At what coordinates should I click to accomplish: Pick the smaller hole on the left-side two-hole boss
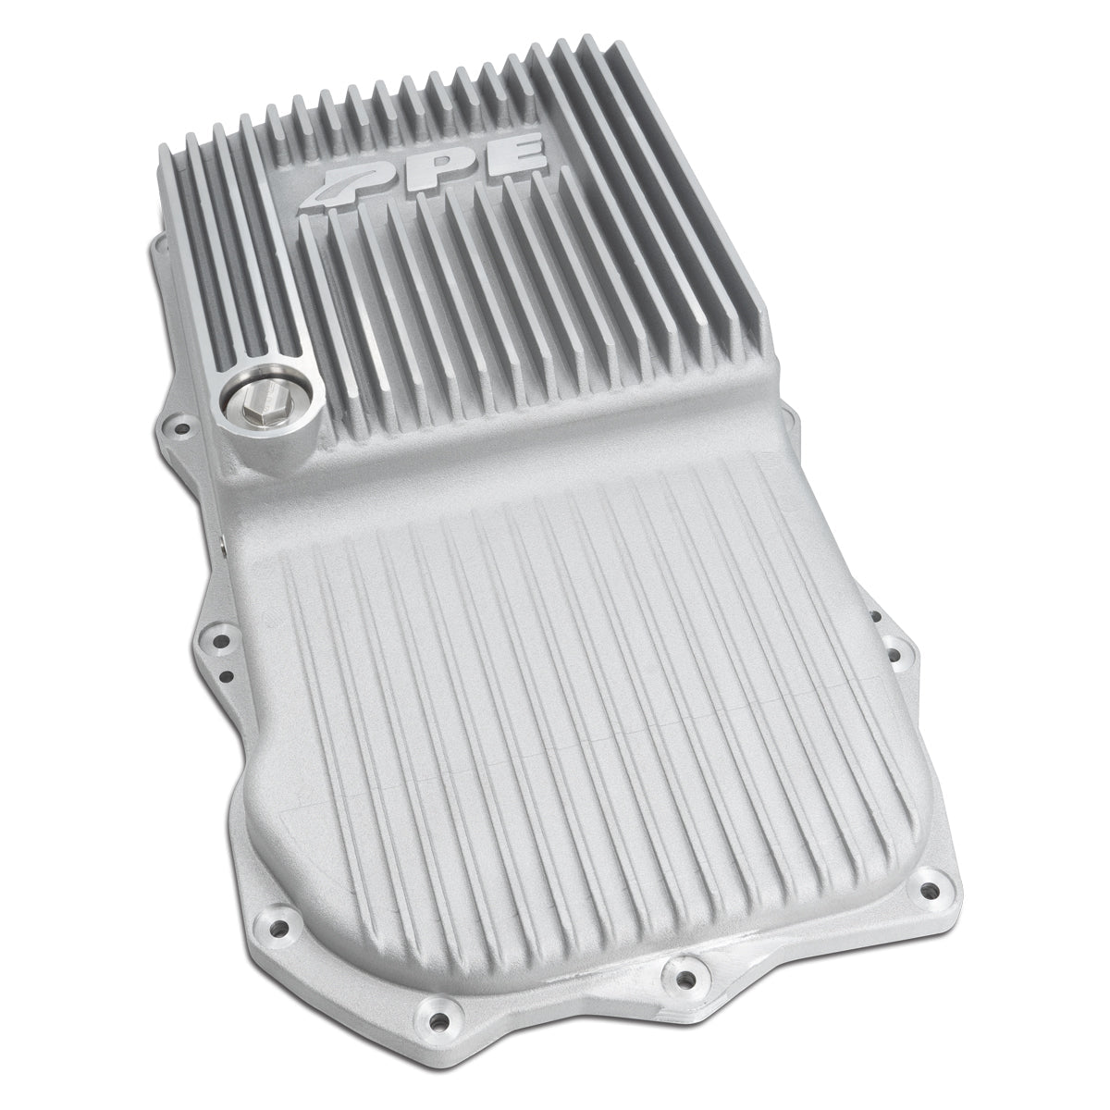[228, 675]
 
